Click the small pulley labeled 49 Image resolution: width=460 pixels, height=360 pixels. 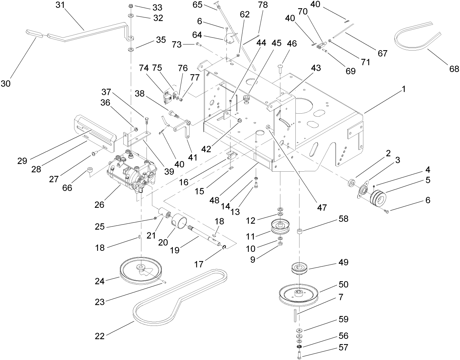pyautogui.click(x=299, y=268)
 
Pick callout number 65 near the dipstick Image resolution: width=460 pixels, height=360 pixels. pyautogui.click(x=197, y=5)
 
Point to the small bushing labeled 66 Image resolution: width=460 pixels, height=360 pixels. pyautogui.click(x=90, y=170)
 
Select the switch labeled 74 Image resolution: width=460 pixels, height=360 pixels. pyautogui.click(x=167, y=97)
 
